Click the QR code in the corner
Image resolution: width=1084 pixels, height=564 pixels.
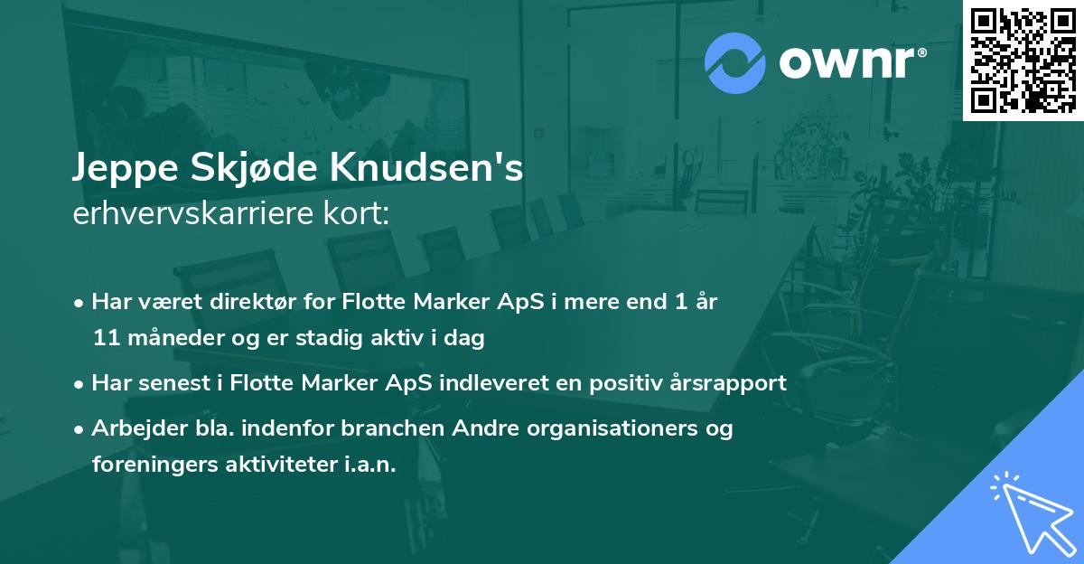(1023, 60)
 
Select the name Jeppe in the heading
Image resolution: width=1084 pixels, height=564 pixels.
(122, 169)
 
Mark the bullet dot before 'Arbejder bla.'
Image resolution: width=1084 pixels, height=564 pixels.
(80, 429)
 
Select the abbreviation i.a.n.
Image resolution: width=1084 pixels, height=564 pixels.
(369, 465)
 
